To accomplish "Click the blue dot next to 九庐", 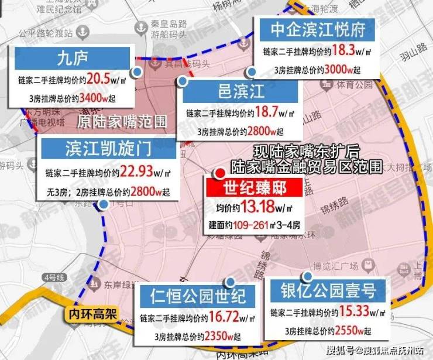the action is click(x=136, y=71).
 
